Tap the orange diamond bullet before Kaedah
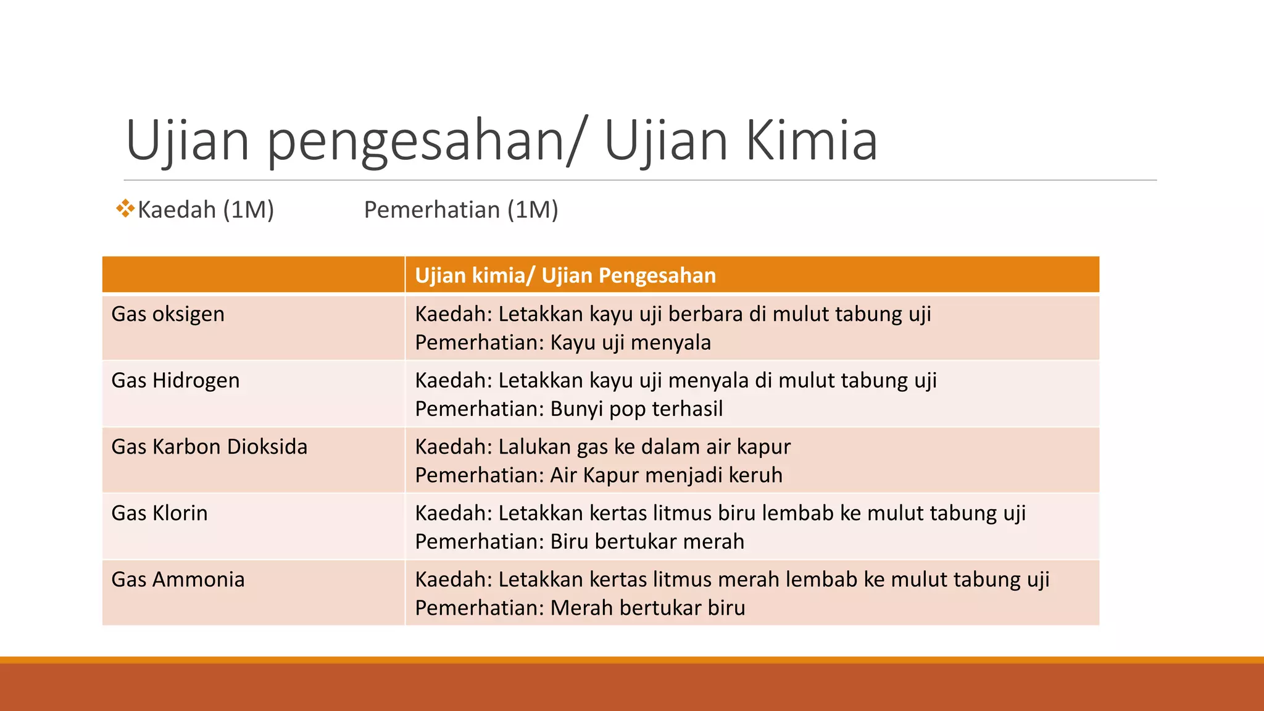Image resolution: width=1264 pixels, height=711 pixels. (125, 209)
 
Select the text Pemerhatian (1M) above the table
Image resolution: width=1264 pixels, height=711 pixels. (461, 210)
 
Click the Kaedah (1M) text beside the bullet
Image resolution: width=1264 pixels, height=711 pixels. (206, 210)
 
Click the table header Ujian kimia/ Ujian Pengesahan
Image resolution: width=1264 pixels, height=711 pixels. (565, 275)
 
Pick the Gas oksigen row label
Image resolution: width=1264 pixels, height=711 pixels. (168, 314)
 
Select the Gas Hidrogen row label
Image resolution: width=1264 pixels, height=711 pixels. (175, 380)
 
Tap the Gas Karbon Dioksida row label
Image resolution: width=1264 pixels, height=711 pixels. (209, 447)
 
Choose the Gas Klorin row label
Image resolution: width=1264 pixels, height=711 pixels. (159, 513)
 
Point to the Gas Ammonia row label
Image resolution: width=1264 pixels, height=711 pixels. (178, 580)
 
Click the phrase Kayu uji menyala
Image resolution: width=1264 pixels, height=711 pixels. (630, 343)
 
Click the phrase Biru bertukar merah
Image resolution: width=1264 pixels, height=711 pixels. (647, 542)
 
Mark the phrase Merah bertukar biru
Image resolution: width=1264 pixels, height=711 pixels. (647, 608)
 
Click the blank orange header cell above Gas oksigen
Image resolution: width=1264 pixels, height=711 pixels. (253, 275)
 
